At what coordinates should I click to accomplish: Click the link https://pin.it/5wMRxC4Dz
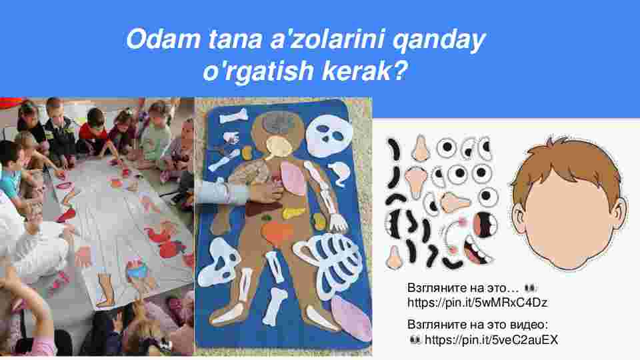[477, 303]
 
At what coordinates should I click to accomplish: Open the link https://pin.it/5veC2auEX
[491, 339]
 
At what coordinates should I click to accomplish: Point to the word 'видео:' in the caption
[529, 325]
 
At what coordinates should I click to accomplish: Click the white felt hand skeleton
[339, 223]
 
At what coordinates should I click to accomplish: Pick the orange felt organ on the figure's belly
[277, 233]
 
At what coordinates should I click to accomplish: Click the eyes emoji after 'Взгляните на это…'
[530, 288]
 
